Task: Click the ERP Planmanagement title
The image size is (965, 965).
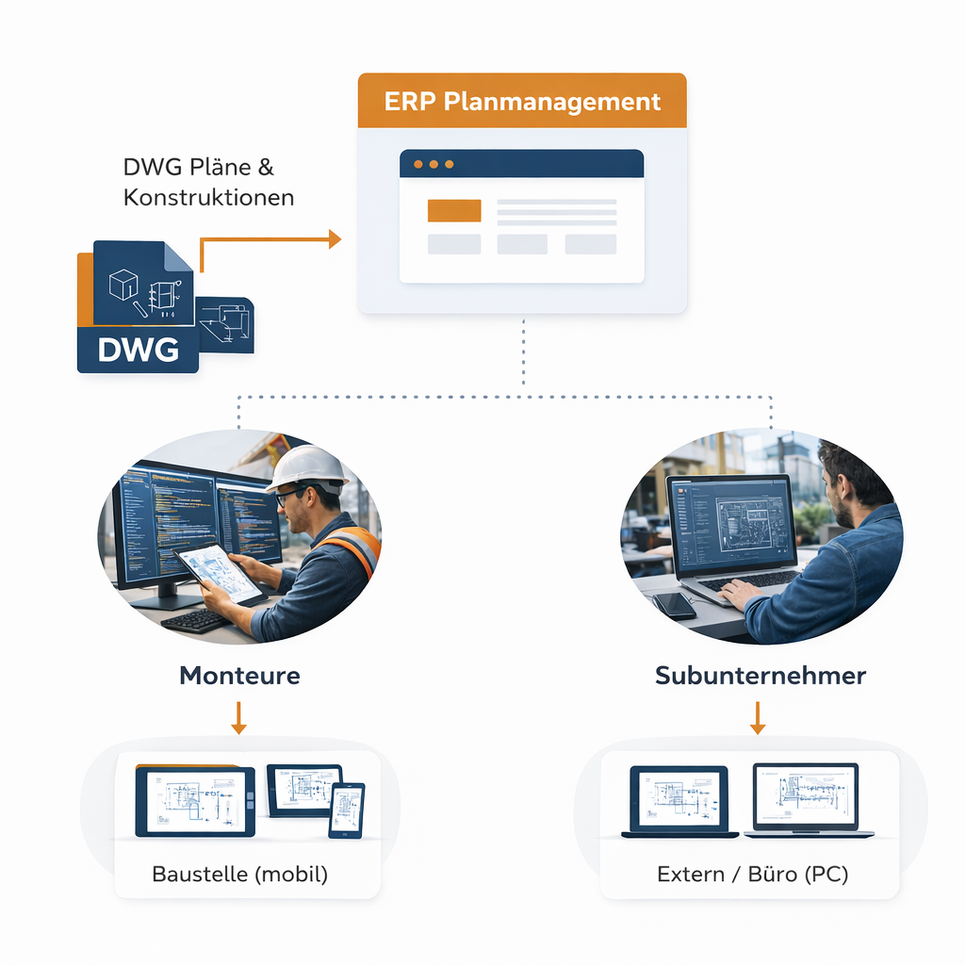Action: pyautogui.click(x=522, y=101)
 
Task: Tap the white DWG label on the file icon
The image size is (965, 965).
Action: pyautogui.click(x=138, y=350)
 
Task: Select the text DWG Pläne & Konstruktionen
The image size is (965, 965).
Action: pyautogui.click(x=208, y=182)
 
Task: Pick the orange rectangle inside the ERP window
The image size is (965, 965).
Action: pyautogui.click(x=454, y=210)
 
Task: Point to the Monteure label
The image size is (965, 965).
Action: pyautogui.click(x=239, y=675)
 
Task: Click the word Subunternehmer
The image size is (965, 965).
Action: pyautogui.click(x=760, y=675)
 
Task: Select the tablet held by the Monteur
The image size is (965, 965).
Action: pyautogui.click(x=219, y=572)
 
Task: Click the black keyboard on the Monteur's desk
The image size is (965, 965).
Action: pyautogui.click(x=195, y=620)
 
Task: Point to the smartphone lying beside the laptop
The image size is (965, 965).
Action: pyautogui.click(x=674, y=605)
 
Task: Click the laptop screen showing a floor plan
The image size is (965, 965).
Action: pyautogui.click(x=731, y=525)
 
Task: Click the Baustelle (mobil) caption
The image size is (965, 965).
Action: pyautogui.click(x=239, y=874)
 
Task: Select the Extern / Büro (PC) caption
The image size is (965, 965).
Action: pyautogui.click(x=752, y=874)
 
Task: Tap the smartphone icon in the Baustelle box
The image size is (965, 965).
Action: pyautogui.click(x=346, y=810)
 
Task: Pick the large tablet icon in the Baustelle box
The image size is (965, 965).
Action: pyautogui.click(x=195, y=802)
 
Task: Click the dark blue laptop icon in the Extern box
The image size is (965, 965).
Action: pyautogui.click(x=679, y=801)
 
